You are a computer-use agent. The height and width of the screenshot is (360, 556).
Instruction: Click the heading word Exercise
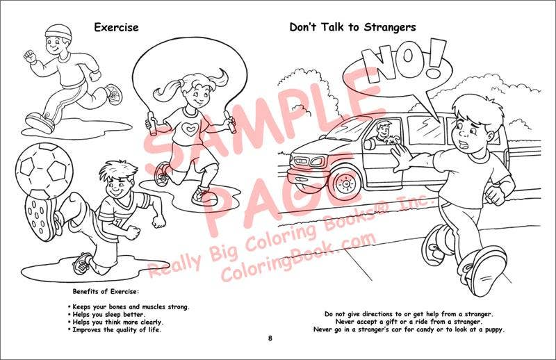[116, 27]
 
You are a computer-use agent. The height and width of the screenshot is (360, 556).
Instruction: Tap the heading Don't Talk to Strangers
[352, 27]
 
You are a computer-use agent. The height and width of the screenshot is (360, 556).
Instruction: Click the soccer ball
[44, 170]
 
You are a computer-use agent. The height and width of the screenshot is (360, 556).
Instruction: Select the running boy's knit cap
[57, 33]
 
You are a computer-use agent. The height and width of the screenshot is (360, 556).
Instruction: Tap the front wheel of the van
[345, 181]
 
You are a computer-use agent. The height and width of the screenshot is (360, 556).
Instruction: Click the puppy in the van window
[395, 142]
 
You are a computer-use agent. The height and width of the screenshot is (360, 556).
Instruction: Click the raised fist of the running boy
[29, 56]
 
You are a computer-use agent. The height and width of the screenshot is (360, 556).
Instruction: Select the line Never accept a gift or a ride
[408, 322]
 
